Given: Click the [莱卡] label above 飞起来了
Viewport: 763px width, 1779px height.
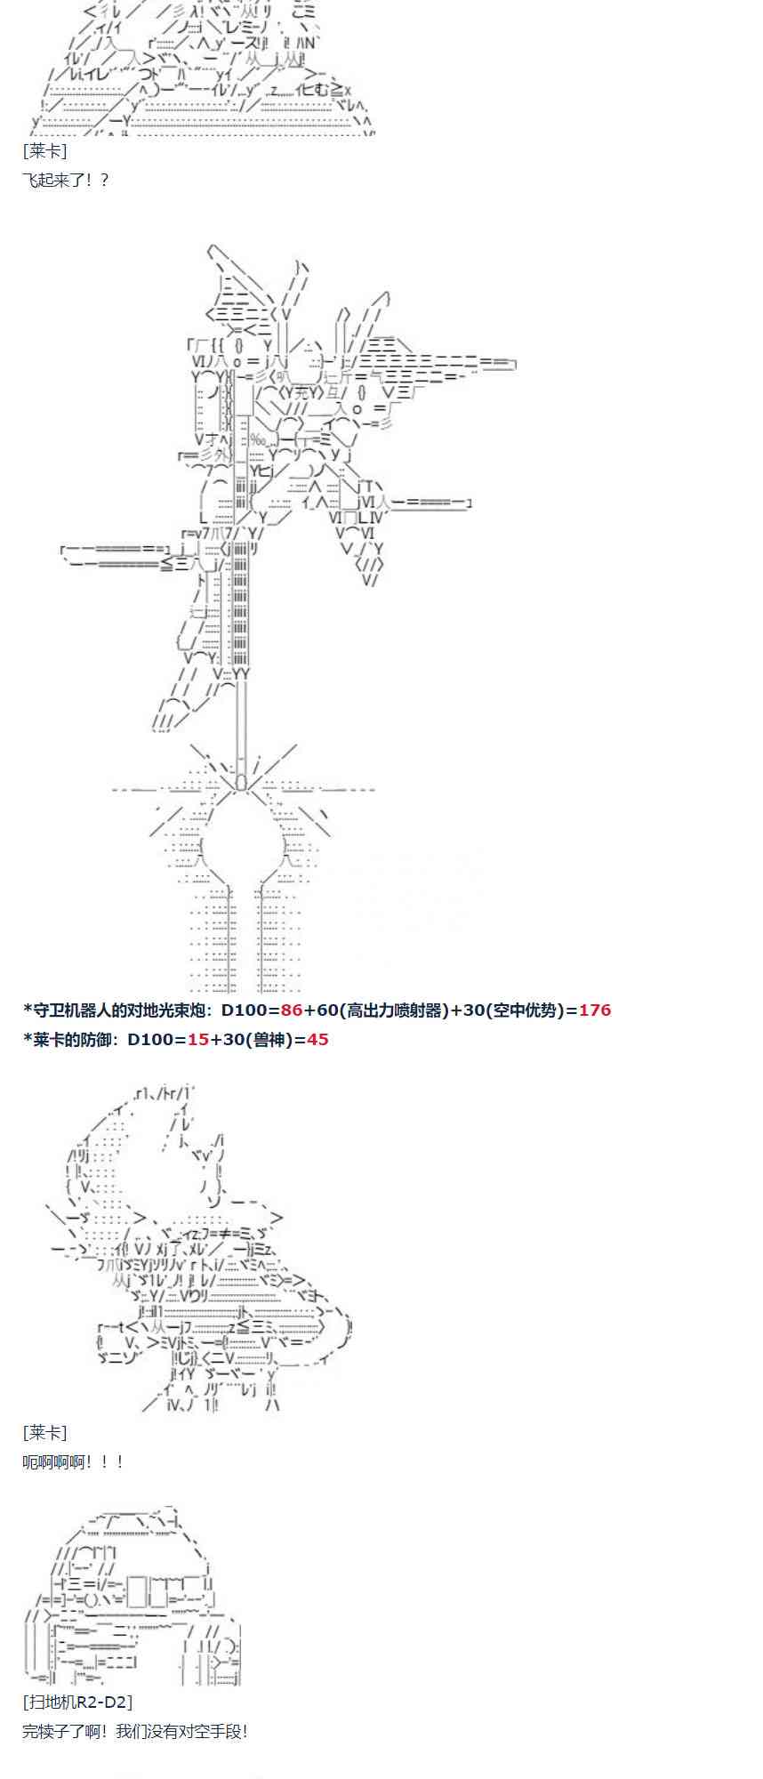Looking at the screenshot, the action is pos(44,151).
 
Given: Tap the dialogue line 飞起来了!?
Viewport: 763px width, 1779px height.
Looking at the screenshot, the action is pos(65,180).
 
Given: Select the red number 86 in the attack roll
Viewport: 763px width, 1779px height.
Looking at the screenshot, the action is pos(292,1010).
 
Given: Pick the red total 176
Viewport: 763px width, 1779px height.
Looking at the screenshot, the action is pos(595,1010).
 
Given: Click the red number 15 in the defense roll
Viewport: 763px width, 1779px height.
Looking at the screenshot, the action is pos(198,1039).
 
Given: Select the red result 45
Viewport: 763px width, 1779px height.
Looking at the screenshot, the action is pos(317,1039).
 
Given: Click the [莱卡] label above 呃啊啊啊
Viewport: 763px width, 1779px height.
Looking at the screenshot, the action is pos(44,1432).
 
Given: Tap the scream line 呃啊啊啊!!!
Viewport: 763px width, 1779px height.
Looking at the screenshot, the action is pos(73,1461).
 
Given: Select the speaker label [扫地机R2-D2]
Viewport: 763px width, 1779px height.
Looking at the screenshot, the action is pos(77,1702).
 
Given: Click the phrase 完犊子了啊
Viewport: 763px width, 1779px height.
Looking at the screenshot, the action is pos(59,1731).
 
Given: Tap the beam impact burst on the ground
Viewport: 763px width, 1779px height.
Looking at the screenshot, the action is pos(242,787).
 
